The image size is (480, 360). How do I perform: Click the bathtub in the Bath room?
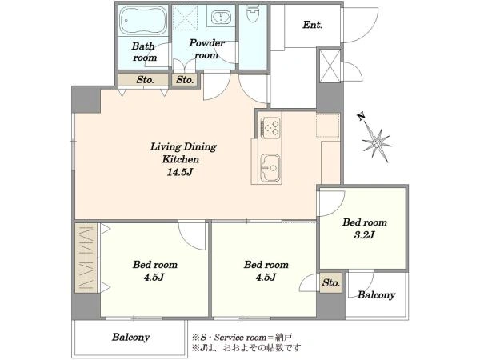click(x=143, y=20)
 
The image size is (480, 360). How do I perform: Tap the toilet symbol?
click(x=253, y=14)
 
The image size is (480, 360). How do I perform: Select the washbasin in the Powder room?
click(x=220, y=16)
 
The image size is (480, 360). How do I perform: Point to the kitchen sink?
click(x=270, y=168)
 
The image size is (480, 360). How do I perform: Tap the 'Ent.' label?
click(x=313, y=25)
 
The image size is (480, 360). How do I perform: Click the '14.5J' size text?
click(x=180, y=172)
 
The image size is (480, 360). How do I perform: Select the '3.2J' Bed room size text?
click(x=364, y=234)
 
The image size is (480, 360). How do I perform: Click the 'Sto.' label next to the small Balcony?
click(x=330, y=282)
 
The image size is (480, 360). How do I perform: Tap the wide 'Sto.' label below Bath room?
click(x=145, y=80)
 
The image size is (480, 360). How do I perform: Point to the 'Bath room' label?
click(x=144, y=52)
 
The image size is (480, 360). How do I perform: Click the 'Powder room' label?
click(x=206, y=49)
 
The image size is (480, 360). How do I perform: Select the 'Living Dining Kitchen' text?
click(x=183, y=153)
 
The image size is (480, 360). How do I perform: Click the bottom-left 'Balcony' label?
click(x=130, y=337)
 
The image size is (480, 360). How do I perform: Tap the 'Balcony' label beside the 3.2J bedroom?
click(x=376, y=294)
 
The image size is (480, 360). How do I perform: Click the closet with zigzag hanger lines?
click(x=86, y=258)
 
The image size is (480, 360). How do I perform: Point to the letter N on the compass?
click(x=362, y=116)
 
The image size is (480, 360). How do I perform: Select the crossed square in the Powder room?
click(x=186, y=17)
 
